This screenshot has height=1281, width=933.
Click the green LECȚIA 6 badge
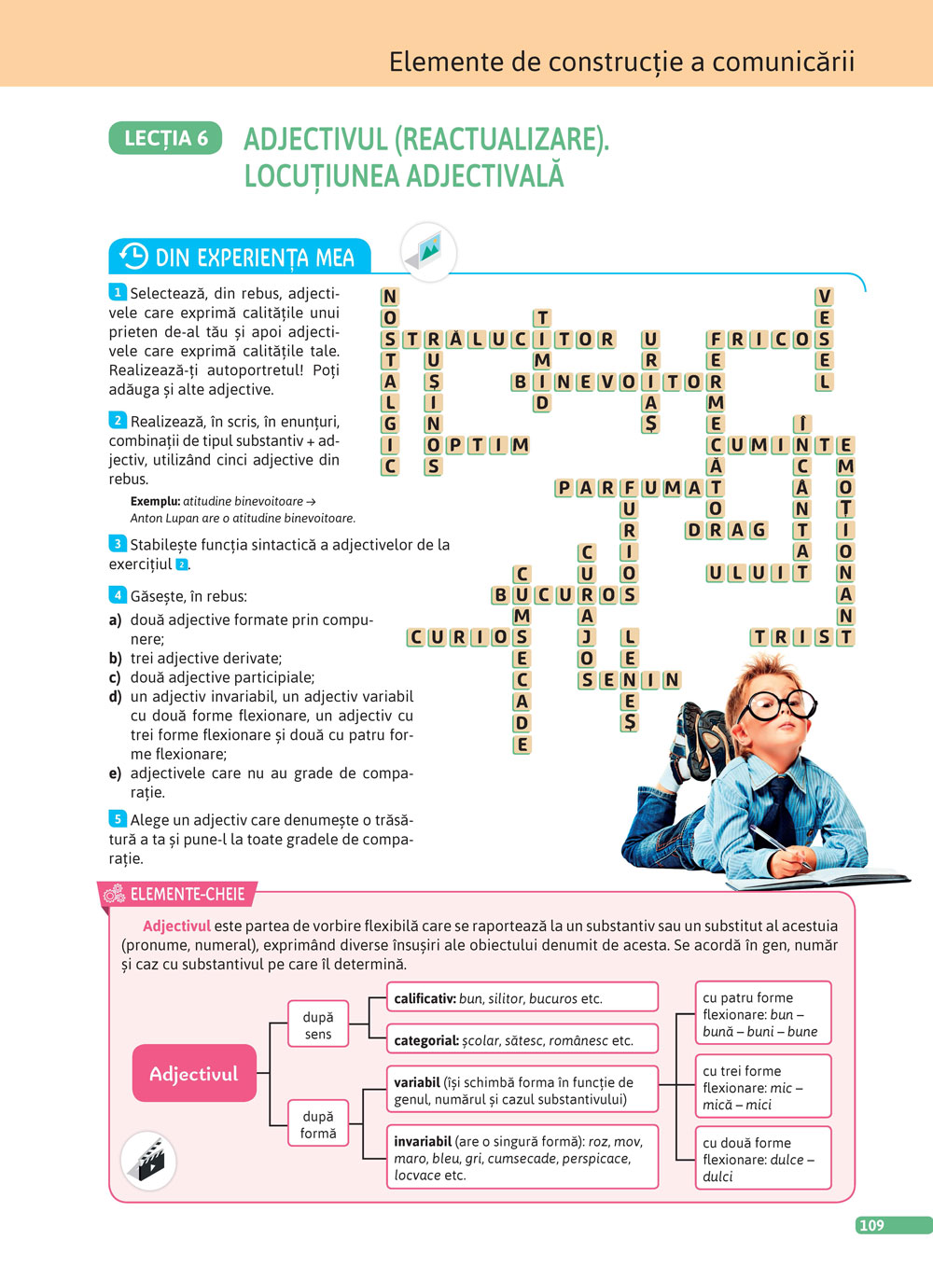166,138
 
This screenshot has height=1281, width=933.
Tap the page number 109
872,1225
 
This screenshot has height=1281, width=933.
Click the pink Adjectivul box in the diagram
194,1074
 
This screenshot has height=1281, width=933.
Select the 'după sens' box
317,1025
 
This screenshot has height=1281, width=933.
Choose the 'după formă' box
317,1124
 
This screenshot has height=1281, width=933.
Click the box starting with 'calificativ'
522,998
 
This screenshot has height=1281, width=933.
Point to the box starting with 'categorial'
522,1039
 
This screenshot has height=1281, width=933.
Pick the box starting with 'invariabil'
522,1158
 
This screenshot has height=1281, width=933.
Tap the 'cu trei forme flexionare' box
762,1087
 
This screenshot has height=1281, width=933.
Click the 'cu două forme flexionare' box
762,1159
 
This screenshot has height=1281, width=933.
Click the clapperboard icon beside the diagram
149,1160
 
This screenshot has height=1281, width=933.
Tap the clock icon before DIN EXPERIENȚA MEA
134,256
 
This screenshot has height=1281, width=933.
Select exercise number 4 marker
118,595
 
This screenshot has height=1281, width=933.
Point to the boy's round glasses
778,704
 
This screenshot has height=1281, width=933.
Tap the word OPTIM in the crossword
477,445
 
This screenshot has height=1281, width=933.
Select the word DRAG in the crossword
726,530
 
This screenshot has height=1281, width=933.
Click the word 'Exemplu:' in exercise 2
155,501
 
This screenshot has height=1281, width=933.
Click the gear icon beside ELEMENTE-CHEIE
115,895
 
